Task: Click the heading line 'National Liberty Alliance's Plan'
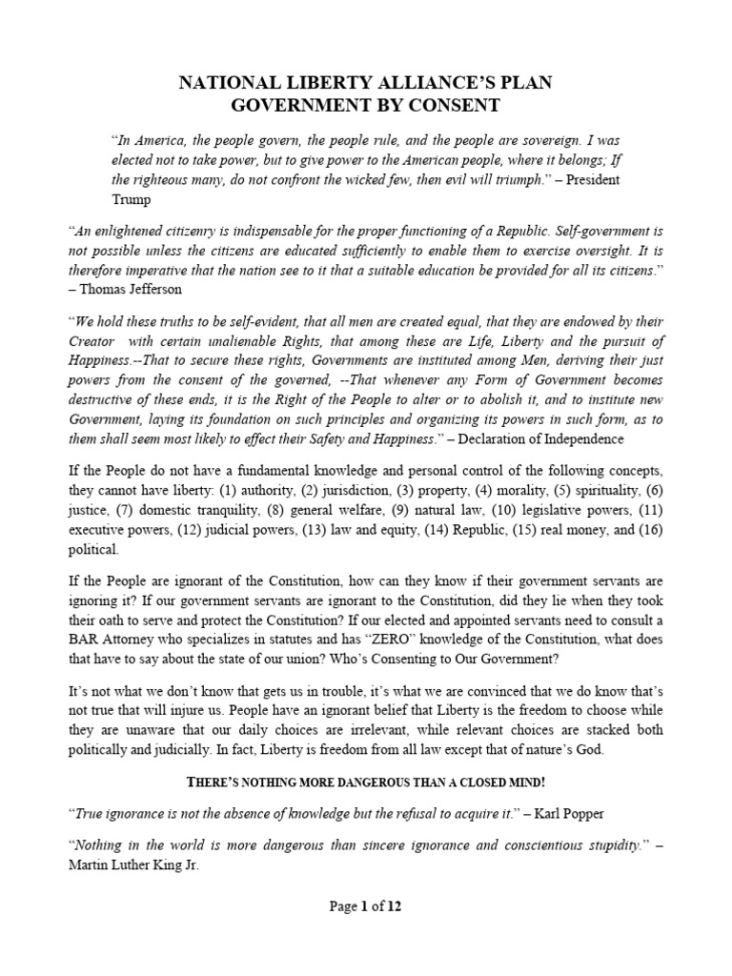pos(366,84)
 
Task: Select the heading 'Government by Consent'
pos(366,105)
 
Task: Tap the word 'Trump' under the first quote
pos(132,200)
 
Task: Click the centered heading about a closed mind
pos(366,783)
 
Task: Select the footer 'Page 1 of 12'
pos(366,907)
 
